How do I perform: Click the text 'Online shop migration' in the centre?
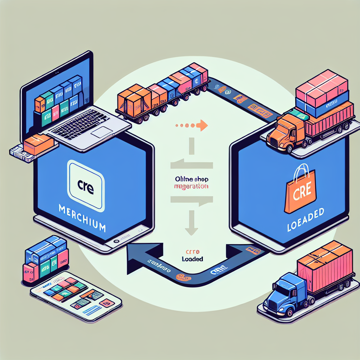tap(191, 182)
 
